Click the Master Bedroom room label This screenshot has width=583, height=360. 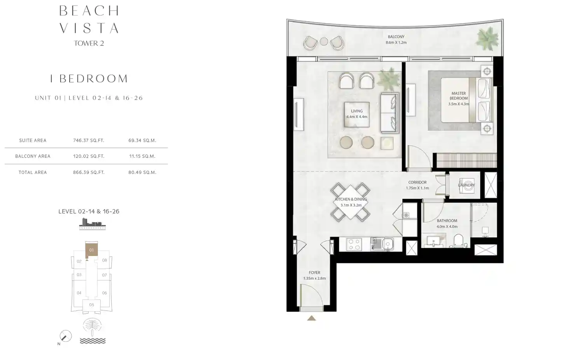click(458, 96)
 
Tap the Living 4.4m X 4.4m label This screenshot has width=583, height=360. click(356, 114)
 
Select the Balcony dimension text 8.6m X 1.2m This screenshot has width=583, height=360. click(396, 42)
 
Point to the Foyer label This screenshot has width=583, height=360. click(314, 273)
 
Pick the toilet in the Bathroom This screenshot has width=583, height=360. click(459, 241)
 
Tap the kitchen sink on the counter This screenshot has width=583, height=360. click(388, 244)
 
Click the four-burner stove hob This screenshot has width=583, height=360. click(354, 244)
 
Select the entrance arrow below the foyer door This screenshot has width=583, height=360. click(311, 318)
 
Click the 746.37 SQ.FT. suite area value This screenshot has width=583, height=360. click(89, 141)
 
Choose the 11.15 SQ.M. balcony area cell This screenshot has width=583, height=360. click(142, 156)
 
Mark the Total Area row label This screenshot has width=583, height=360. click(33, 172)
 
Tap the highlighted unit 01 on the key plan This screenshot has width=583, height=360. click(91, 250)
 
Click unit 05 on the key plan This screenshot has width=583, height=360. click(91, 305)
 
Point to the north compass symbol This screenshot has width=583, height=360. click(65, 336)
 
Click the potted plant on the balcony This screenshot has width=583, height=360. click(487, 38)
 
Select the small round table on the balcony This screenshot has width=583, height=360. click(324, 42)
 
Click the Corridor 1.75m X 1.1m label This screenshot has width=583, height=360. click(417, 185)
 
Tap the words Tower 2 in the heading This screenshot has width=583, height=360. click(89, 43)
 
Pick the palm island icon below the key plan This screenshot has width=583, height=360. click(92, 326)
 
